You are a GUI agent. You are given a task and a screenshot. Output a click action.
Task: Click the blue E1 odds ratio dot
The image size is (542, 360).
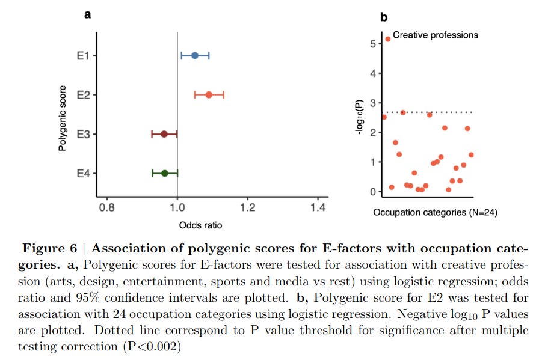tap(195, 56)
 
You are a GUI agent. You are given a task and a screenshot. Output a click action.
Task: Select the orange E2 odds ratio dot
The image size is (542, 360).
tap(209, 95)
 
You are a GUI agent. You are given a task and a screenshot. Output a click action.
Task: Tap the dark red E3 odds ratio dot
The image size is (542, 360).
tap(164, 134)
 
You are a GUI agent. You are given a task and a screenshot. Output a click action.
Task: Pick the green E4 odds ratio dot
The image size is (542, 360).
tap(165, 174)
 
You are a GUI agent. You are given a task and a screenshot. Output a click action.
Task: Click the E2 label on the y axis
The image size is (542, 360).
tap(83, 95)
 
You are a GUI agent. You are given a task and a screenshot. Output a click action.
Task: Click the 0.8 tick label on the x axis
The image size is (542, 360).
tap(107, 207)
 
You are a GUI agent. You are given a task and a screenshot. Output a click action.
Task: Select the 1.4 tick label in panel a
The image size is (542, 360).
tap(318, 207)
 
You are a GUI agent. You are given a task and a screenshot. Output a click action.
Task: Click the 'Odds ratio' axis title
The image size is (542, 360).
tap(200, 225)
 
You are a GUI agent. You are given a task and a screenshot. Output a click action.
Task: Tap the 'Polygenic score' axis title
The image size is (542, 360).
tap(62, 118)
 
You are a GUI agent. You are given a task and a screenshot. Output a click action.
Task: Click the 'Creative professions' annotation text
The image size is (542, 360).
tap(436, 35)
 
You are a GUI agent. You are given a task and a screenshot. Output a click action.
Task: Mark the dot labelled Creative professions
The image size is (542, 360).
tap(388, 40)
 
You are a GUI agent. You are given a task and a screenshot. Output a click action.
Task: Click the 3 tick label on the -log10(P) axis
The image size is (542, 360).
tap(372, 103)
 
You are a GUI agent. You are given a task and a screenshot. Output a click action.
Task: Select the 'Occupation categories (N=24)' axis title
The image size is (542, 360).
tap(435, 212)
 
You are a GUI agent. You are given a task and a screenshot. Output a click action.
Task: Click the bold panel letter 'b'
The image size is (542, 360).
tap(384, 17)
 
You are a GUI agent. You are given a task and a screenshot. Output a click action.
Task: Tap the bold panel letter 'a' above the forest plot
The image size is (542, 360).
tap(87, 14)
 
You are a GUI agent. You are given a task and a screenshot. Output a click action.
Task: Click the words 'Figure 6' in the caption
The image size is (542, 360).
tap(50, 248)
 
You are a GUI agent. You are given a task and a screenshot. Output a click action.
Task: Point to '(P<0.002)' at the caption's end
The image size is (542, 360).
tap(152, 346)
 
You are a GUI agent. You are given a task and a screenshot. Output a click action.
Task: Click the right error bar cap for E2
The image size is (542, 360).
tap(224, 95)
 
